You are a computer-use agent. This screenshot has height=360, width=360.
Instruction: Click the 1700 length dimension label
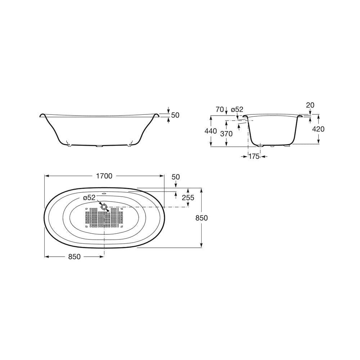[x=104, y=176]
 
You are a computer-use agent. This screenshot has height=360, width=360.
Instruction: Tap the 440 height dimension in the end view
[x=211, y=131]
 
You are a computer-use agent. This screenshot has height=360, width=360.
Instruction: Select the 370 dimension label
[x=226, y=134]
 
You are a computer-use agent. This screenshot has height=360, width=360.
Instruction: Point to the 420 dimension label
[x=318, y=129]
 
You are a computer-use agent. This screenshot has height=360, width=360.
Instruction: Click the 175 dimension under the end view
[x=254, y=156]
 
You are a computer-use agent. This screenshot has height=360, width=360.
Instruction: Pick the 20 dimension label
[x=310, y=105]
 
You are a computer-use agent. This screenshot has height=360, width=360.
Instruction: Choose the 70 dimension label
[x=220, y=109]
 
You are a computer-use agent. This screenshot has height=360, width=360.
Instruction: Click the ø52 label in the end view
[x=237, y=109]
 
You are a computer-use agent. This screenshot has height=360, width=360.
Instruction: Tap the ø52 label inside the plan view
[x=89, y=197]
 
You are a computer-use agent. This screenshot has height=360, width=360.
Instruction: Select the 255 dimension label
[x=188, y=197]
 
